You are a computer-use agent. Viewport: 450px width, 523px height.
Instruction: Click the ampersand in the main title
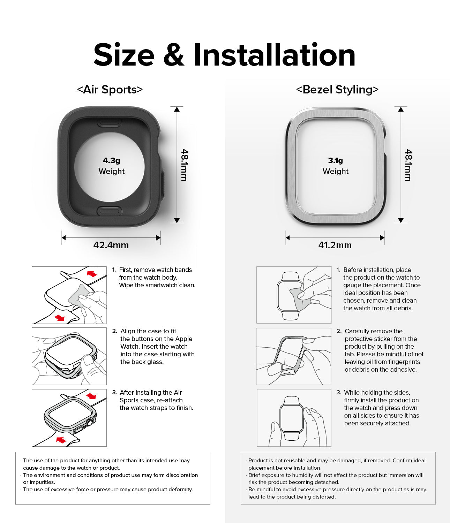tap(173, 55)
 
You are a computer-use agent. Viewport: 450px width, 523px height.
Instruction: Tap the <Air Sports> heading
tap(110, 90)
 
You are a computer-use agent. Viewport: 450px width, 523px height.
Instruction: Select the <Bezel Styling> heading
tap(337, 90)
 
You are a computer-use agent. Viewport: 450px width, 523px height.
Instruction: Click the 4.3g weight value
tap(111, 161)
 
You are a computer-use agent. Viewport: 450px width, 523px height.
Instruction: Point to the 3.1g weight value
tap(335, 161)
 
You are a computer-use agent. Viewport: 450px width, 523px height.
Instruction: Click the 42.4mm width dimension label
tap(111, 245)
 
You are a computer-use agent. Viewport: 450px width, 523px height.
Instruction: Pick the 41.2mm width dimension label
tap(335, 245)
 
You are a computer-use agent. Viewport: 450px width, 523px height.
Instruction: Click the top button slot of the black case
tap(110, 122)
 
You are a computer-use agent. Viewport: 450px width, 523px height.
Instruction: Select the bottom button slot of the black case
tap(110, 210)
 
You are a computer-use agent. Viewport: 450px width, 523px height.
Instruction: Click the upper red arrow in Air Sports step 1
tap(92, 273)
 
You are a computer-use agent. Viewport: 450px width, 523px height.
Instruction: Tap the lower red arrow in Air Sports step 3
tap(61, 440)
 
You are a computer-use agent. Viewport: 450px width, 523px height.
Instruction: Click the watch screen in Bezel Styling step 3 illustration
tap(292, 418)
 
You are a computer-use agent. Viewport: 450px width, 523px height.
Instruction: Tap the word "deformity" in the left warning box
tap(179, 490)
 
